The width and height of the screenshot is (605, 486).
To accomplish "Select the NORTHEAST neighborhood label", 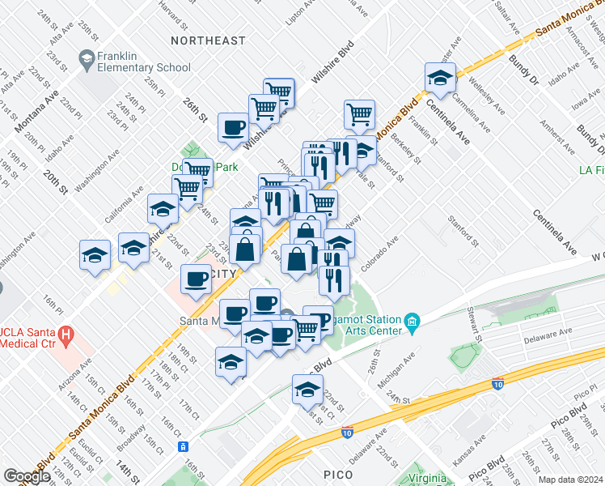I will [208, 40].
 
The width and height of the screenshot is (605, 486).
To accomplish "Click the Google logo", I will [27, 476].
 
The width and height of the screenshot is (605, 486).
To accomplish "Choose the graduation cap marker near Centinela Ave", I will [440, 78].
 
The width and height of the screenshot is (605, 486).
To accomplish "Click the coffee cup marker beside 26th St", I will [234, 127].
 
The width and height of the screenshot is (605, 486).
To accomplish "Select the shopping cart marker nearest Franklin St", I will [359, 114].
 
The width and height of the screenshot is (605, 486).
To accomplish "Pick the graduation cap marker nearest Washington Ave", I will [163, 208].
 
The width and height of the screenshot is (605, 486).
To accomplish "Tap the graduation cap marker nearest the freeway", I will [308, 390].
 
